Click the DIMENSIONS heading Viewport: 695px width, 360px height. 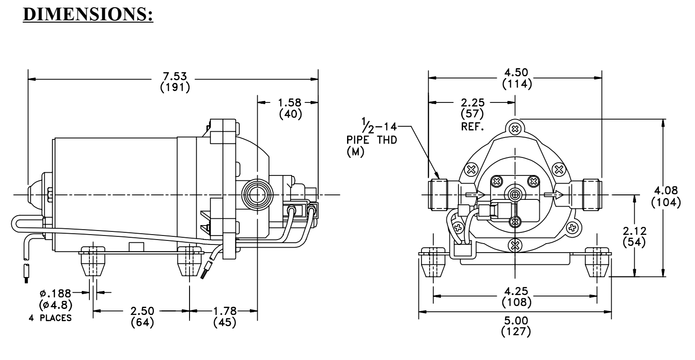(x=88, y=14)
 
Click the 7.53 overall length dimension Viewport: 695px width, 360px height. (x=175, y=76)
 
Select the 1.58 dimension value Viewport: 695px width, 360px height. (x=290, y=103)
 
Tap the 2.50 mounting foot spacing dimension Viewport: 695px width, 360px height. (x=143, y=311)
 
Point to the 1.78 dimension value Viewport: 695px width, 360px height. (x=225, y=311)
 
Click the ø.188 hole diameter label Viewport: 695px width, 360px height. (x=56, y=293)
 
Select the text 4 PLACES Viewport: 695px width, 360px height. (x=50, y=318)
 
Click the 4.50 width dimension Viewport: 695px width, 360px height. (x=516, y=73)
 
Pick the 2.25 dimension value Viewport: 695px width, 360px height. (x=473, y=103)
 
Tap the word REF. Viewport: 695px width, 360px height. (x=473, y=127)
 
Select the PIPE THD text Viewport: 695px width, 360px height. (x=372, y=140)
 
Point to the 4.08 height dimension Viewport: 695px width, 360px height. (x=666, y=190)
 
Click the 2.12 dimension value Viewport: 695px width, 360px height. (x=635, y=231)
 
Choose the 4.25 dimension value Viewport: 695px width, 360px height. (x=516, y=291)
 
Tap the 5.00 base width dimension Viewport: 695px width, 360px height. (x=516, y=320)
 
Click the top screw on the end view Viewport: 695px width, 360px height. (x=515, y=128)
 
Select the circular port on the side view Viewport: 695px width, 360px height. (x=257, y=195)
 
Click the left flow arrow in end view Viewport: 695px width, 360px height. (x=475, y=195)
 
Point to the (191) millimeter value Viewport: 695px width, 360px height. (x=175, y=88)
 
